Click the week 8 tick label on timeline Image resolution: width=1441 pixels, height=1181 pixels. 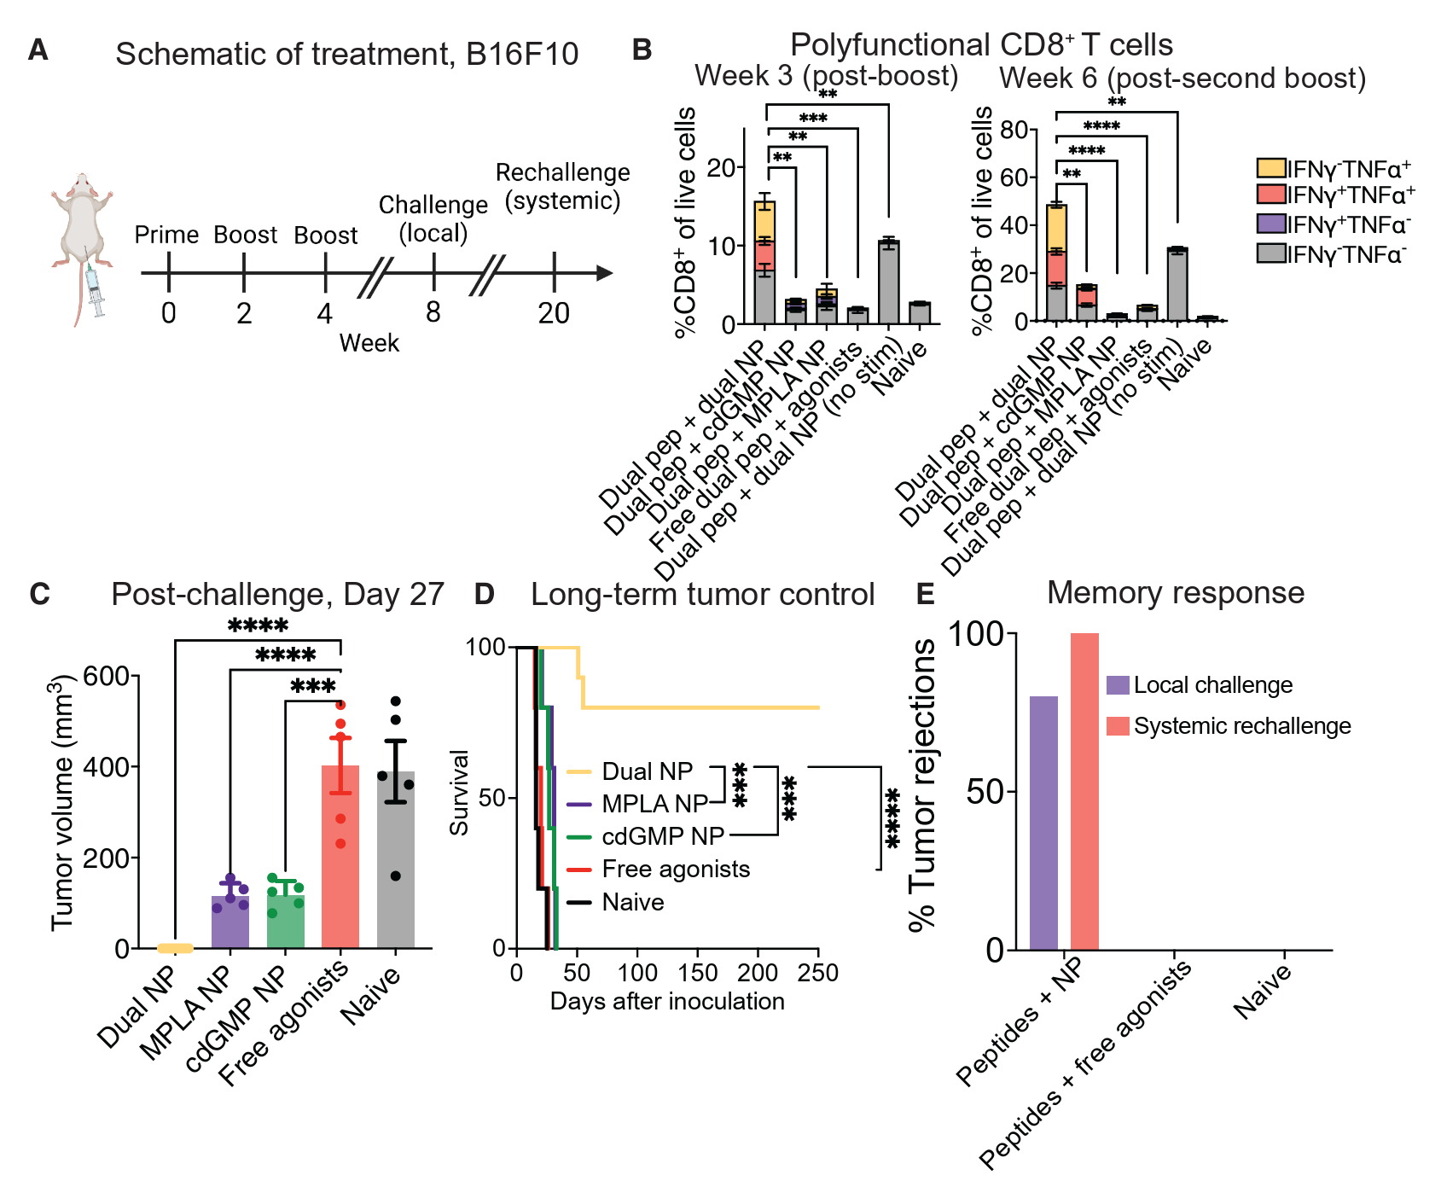(x=433, y=312)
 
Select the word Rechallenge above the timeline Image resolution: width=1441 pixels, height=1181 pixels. (x=562, y=172)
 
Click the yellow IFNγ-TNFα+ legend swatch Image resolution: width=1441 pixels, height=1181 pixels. (x=1270, y=168)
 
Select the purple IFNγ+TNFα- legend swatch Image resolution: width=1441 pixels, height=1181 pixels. (x=1270, y=224)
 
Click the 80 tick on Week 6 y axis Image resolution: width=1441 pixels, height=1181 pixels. (x=1014, y=130)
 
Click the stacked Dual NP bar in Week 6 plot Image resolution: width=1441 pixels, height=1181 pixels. (x=1057, y=265)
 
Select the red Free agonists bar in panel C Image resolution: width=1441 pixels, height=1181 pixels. (x=340, y=858)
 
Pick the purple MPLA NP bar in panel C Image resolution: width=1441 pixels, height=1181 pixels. (x=230, y=922)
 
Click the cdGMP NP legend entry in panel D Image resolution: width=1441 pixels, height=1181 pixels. (x=662, y=836)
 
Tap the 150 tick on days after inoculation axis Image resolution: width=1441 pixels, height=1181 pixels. (x=698, y=973)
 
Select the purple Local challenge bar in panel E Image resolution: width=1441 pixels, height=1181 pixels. (x=1043, y=823)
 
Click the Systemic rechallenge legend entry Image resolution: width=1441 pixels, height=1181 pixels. (x=1241, y=726)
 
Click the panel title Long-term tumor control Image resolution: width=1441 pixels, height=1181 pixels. (x=702, y=594)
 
